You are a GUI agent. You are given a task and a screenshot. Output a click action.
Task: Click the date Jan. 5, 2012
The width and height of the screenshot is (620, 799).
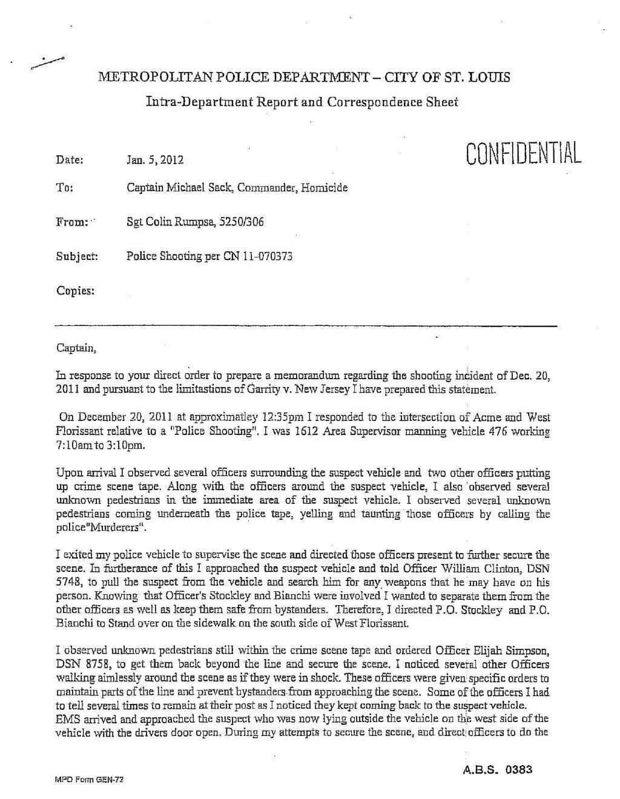coord(154,161)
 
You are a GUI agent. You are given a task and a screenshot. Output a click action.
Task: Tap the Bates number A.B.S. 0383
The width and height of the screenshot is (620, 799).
coord(496,770)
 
